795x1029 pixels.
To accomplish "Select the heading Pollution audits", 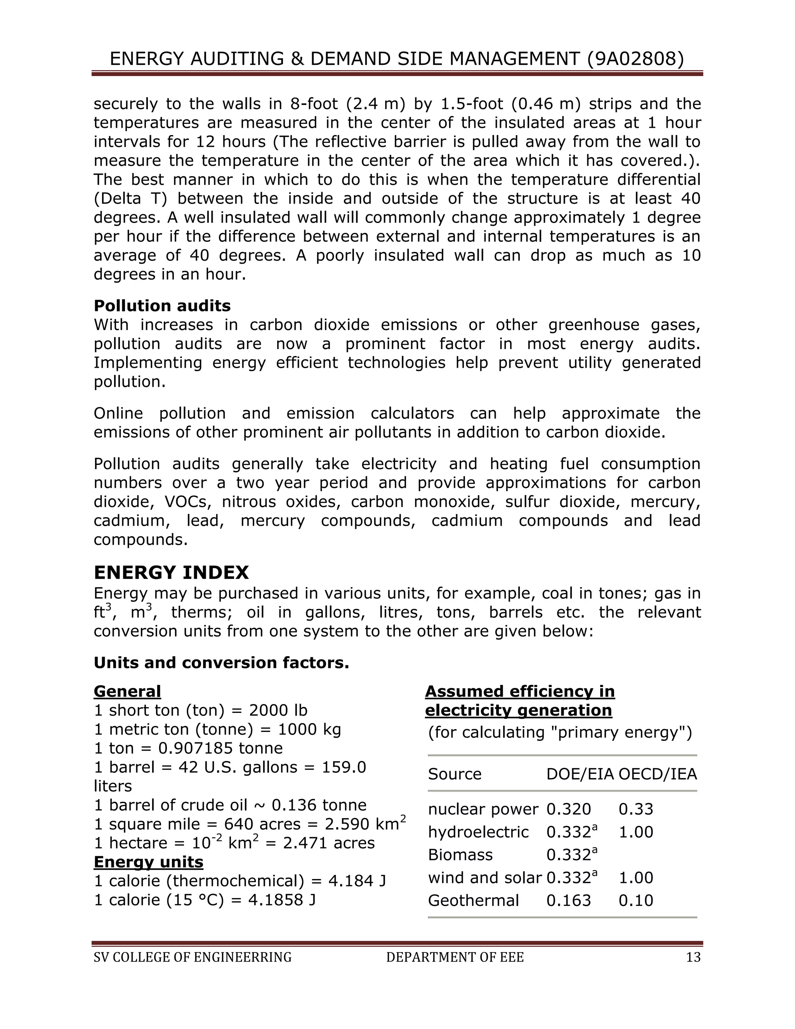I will tap(162, 306).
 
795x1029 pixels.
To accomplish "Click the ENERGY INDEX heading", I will tap(171, 572).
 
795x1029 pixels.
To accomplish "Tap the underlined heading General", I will tap(127, 691).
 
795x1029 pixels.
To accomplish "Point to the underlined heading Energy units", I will tap(148, 862).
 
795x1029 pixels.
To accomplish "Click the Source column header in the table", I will tap(455, 774).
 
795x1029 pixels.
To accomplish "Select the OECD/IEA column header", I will tap(658, 774).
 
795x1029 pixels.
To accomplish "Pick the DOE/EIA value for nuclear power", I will tap(568, 809).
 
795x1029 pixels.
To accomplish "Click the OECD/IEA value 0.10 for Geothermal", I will tap(635, 900).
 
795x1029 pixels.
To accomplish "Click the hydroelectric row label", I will tap(478, 832).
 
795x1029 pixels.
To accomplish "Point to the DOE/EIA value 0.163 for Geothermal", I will tap(568, 900).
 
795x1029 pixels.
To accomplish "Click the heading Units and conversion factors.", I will tap(221, 663).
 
